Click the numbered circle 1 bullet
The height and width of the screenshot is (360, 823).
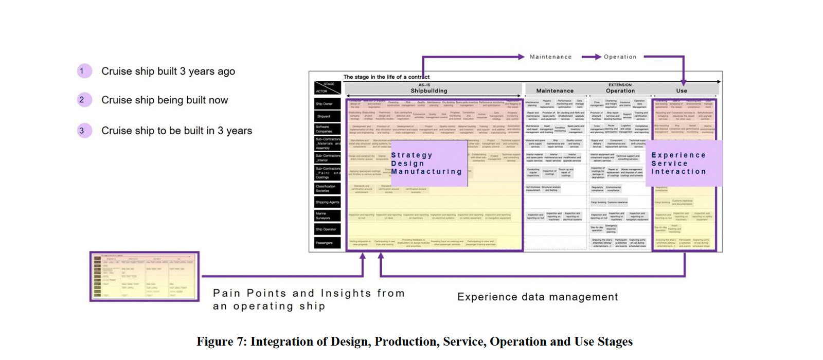tap(82, 71)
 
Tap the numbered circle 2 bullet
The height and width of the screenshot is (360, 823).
tap(82, 100)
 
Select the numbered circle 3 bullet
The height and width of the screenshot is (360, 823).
tap(82, 131)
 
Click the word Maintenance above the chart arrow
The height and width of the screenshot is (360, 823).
tap(550, 57)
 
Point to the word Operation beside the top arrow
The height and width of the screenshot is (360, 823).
tap(620, 57)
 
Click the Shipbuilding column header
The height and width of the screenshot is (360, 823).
tap(428, 91)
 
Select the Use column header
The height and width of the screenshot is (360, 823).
tap(682, 91)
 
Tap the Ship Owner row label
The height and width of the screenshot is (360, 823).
tap(327, 104)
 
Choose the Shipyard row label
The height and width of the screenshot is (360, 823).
tap(327, 116)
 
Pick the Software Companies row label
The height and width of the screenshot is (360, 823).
tap(327, 129)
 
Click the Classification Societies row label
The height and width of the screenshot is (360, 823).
tap(327, 189)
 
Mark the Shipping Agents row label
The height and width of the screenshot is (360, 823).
tap(327, 202)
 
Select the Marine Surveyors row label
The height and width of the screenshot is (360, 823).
tap(327, 215)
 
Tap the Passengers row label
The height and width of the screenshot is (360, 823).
tap(327, 243)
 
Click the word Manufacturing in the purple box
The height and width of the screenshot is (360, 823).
tap(426, 172)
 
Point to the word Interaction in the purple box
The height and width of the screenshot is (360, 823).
tap(678, 172)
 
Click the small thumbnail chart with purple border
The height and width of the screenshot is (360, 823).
tap(145, 276)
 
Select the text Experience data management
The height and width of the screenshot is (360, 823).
tap(538, 297)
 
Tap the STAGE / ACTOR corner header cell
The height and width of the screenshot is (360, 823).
tap(327, 87)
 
